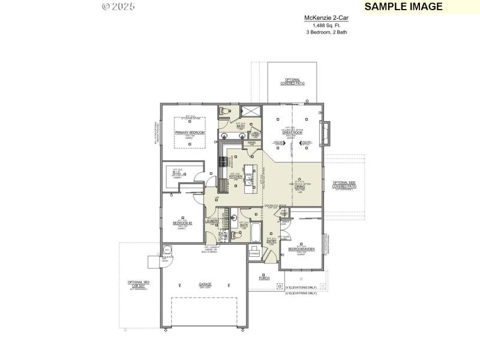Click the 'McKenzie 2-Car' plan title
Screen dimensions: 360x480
[x=326, y=19]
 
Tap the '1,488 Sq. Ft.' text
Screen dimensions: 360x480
[x=326, y=25]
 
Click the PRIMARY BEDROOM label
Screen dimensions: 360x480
[x=190, y=132]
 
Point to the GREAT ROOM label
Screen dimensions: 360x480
[x=292, y=133]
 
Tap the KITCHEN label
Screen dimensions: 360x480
[x=235, y=177]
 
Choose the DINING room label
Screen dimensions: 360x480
[x=300, y=187]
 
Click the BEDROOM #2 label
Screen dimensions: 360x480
[x=182, y=223]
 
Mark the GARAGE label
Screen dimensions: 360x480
[x=206, y=285]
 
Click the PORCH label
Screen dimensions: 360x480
[x=264, y=278]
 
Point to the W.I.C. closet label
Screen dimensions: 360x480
[x=178, y=172]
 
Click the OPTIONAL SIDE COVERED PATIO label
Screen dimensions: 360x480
[x=344, y=184]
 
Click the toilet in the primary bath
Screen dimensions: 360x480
[x=224, y=110]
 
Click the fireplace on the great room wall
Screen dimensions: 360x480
[x=325, y=133]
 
